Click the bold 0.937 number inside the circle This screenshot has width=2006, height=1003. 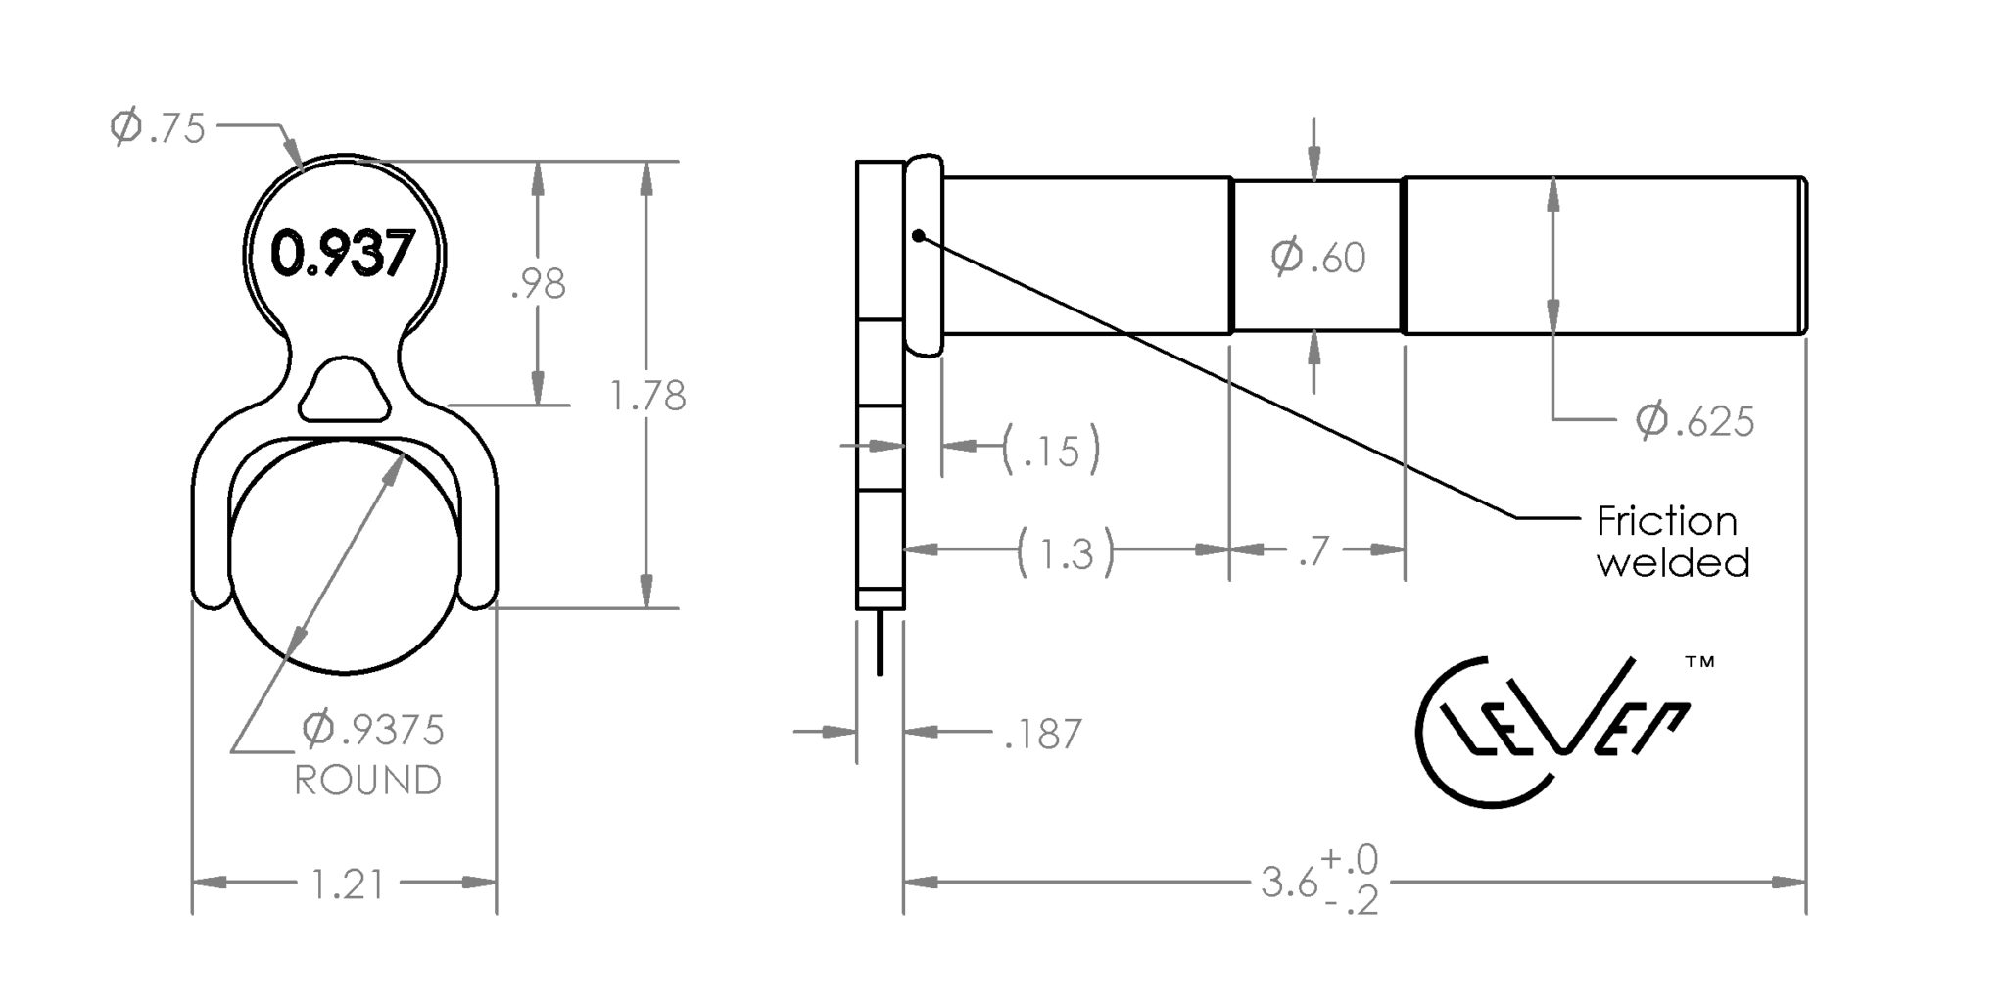click(343, 255)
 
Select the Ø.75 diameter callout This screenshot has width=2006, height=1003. click(158, 128)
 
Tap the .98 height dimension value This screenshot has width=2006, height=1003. click(539, 284)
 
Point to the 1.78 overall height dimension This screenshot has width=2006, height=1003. click(647, 396)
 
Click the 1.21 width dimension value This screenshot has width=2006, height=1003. click(348, 884)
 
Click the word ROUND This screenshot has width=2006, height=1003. click(368, 781)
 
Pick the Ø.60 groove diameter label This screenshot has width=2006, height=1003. click(1318, 257)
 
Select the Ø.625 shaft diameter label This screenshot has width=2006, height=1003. click(1695, 420)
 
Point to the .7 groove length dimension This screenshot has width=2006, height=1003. click(1313, 551)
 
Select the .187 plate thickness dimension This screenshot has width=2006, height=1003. click(1043, 734)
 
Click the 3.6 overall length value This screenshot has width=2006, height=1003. click(1289, 884)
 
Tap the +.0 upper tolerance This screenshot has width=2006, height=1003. click(1350, 859)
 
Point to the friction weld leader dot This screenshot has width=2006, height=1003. click(918, 235)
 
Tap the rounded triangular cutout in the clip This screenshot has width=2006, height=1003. click(343, 389)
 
